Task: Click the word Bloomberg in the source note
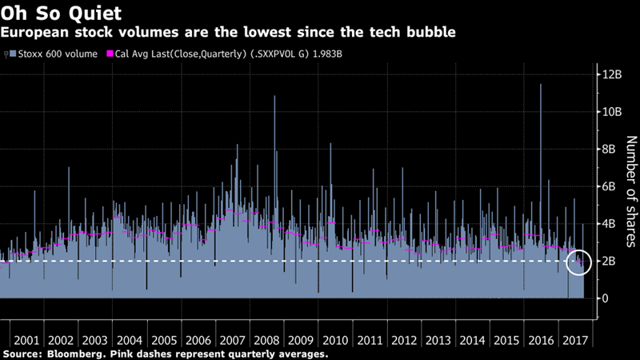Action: (73, 353)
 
